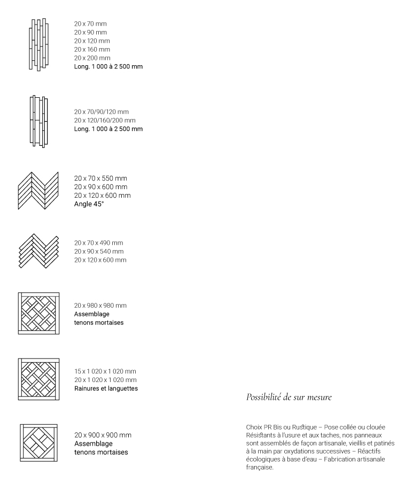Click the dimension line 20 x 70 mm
(x=90, y=24)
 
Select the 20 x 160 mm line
(x=92, y=50)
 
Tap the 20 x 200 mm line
(x=92, y=58)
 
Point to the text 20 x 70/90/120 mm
(x=101, y=112)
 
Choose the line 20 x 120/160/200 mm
(x=104, y=121)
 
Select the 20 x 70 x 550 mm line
(x=100, y=178)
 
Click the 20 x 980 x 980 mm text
(x=100, y=306)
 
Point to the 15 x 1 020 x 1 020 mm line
(x=105, y=371)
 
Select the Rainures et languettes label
(x=106, y=388)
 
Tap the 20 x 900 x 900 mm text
(x=103, y=435)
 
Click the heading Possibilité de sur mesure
(x=289, y=397)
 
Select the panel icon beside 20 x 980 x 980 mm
(x=38, y=313)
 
